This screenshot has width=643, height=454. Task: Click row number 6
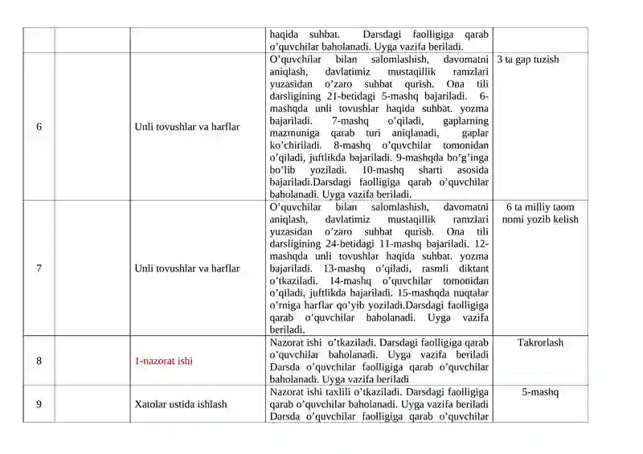[x=39, y=127]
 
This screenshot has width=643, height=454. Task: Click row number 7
[x=39, y=268]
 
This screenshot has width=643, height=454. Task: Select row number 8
[x=39, y=361]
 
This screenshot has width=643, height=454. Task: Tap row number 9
[x=39, y=404]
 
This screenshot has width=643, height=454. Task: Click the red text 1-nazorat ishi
[x=163, y=361]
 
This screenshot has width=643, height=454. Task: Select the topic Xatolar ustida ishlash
[x=181, y=404]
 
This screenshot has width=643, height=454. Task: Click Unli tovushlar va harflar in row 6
[x=186, y=127]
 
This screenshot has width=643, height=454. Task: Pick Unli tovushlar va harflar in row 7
[x=186, y=268]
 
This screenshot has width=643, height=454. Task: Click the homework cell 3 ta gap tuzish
[x=528, y=59]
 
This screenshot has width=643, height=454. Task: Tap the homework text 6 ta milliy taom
[x=540, y=207]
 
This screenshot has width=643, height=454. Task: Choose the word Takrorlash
[x=540, y=342]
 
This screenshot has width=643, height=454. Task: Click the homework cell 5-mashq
[x=540, y=392]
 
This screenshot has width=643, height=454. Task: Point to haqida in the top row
[x=285, y=35]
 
